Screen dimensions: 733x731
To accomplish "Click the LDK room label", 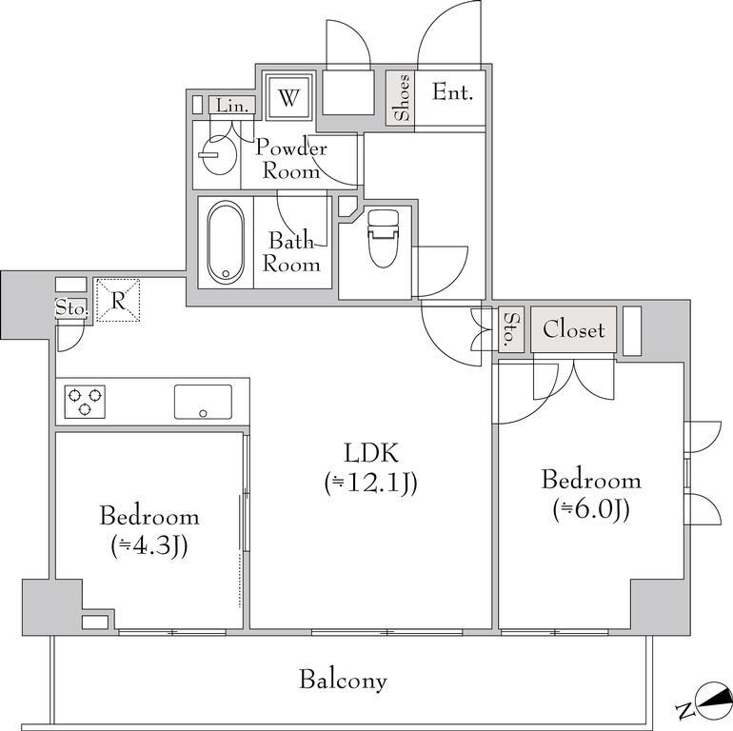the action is pyautogui.click(x=371, y=453).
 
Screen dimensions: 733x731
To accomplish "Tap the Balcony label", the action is pyautogui.click(x=343, y=680).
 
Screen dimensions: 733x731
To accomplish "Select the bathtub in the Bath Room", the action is pyautogui.click(x=226, y=242).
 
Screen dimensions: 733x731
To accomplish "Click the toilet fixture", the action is pyautogui.click(x=383, y=238).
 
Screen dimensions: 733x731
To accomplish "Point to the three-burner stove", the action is pyautogui.click(x=85, y=402).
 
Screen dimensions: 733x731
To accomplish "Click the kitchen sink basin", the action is pyautogui.click(x=203, y=402).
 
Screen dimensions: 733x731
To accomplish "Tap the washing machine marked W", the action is pyautogui.click(x=288, y=97).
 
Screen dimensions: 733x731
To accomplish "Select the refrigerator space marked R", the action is pyautogui.click(x=118, y=300).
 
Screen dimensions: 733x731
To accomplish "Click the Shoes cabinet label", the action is pyautogui.click(x=401, y=98).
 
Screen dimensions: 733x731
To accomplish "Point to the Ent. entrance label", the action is pyautogui.click(x=452, y=91).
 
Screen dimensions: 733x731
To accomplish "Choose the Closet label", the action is pyautogui.click(x=574, y=329).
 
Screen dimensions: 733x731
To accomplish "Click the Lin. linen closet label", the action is pyautogui.click(x=232, y=106).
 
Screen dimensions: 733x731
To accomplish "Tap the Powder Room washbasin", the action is pyautogui.click(x=215, y=155).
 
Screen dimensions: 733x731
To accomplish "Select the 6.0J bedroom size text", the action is pyautogui.click(x=591, y=509).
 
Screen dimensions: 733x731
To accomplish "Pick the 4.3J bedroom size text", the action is pyautogui.click(x=149, y=546).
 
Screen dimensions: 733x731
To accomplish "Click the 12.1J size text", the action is pyautogui.click(x=371, y=483).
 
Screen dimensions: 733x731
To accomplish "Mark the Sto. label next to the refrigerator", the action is pyautogui.click(x=71, y=308).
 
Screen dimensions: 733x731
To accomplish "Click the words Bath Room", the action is pyautogui.click(x=291, y=252).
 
